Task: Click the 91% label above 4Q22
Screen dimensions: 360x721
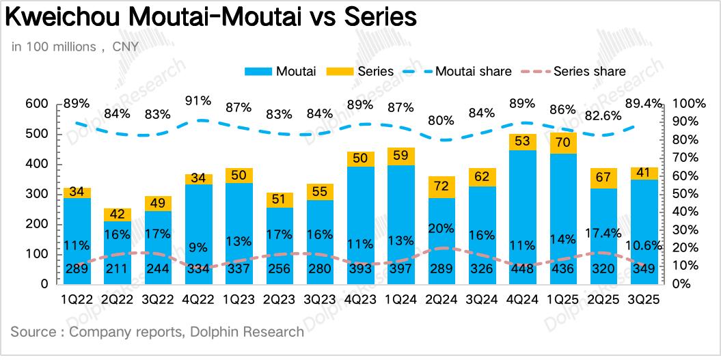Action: (x=198, y=101)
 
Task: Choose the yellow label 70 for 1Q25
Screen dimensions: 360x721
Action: (x=563, y=143)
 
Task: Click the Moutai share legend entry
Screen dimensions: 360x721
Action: (x=457, y=71)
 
